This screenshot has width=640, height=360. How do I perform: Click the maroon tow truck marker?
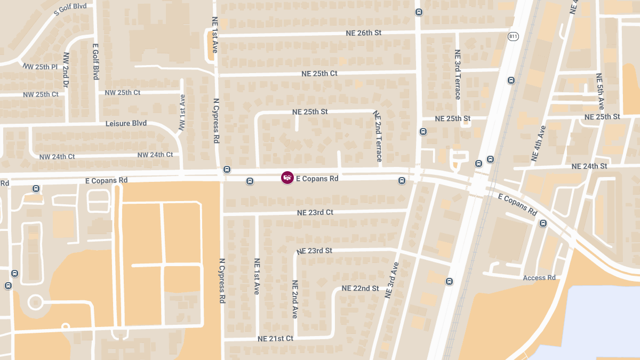point(287,178)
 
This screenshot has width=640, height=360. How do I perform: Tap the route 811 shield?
point(513,36)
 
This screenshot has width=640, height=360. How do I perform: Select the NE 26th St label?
point(362,33)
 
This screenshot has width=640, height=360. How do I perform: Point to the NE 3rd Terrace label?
point(458,75)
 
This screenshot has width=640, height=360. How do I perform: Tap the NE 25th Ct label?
point(319,74)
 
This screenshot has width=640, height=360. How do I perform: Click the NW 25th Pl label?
point(40,67)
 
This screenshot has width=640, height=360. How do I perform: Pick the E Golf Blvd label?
point(96,62)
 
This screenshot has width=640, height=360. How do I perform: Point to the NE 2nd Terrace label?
point(378,136)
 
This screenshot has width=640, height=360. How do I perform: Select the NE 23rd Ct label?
point(315,212)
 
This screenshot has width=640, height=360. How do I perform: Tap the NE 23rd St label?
point(315,250)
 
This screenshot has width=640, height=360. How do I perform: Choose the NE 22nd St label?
point(360,289)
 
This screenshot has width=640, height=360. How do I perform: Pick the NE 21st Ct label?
point(275,339)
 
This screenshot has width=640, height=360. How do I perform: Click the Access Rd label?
point(539,278)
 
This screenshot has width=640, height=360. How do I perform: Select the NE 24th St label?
point(589,166)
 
